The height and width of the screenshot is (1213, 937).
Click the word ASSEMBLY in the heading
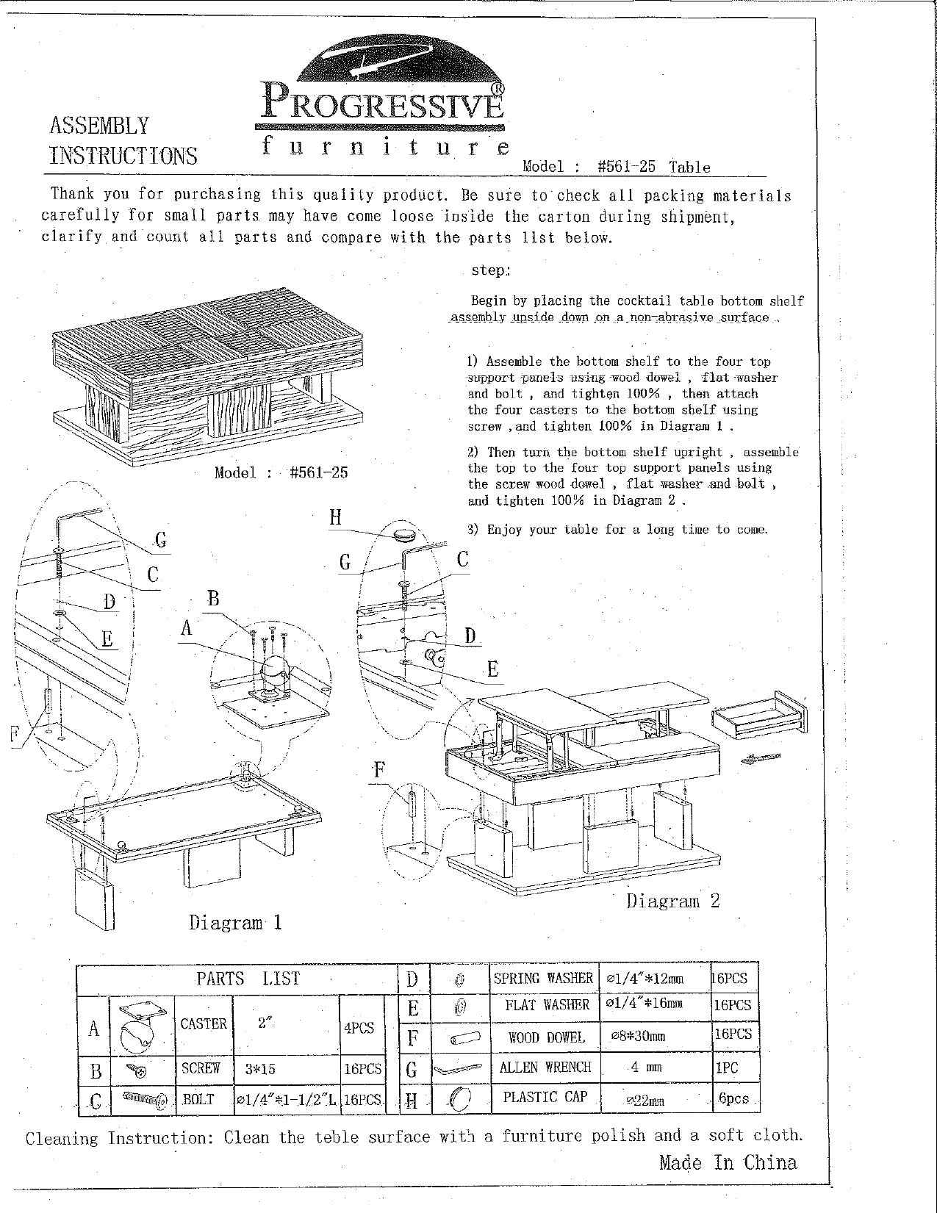(x=99, y=126)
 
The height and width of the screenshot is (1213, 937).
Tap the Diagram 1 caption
(x=235, y=922)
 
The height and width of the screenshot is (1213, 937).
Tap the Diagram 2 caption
(x=672, y=901)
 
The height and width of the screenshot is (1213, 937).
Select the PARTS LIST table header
(x=248, y=979)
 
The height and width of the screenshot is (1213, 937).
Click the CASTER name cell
(x=204, y=1023)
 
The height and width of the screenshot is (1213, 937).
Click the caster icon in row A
(x=142, y=1026)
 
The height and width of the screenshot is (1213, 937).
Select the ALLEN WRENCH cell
(x=545, y=1068)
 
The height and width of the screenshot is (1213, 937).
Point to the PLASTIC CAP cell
(x=545, y=1097)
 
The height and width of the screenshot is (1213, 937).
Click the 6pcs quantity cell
(x=733, y=1098)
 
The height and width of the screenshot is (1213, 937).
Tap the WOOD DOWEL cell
(x=546, y=1037)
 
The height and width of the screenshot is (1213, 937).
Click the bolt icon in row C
(x=145, y=1098)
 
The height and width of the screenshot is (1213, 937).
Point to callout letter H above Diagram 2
(x=335, y=517)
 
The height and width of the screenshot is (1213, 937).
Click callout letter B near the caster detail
(x=213, y=599)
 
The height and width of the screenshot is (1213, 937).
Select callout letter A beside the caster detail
(x=187, y=628)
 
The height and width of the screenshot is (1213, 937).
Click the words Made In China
(x=728, y=1162)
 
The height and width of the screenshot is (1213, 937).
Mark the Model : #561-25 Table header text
(x=616, y=167)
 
